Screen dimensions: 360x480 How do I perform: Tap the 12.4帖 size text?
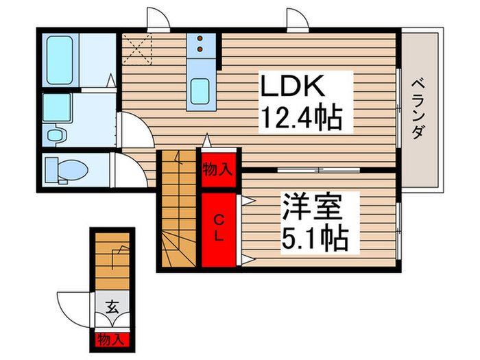(x=300, y=119)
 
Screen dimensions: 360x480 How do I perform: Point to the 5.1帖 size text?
(x=312, y=238)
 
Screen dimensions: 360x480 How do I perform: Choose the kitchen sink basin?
(x=201, y=91)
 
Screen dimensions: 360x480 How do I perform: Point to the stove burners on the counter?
(x=200, y=44)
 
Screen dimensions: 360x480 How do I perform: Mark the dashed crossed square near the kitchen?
(x=138, y=48)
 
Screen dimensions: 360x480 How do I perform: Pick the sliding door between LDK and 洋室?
(x=319, y=169)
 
